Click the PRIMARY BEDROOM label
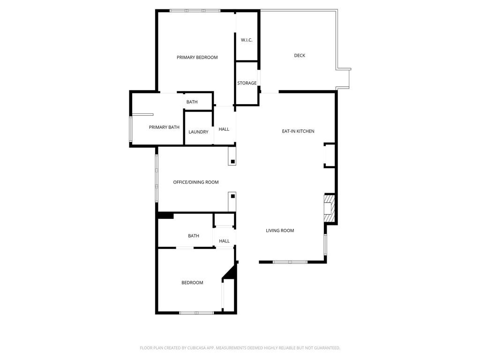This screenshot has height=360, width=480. (197, 58)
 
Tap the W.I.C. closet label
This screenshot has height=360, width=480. (247, 40)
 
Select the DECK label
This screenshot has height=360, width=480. (300, 56)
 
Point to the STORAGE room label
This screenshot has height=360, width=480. (247, 83)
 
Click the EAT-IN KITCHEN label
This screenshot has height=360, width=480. (298, 131)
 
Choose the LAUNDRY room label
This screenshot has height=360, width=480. (198, 132)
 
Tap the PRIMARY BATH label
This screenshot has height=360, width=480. (164, 127)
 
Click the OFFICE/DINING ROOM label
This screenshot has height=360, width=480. (196, 182)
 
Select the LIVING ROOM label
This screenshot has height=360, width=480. (280, 231)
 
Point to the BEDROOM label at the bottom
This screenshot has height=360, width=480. (192, 283)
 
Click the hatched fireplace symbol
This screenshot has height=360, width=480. (329, 208)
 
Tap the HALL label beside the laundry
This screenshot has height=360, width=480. (224, 129)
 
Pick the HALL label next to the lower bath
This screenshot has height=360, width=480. (224, 241)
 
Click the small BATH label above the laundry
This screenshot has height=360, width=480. (192, 102)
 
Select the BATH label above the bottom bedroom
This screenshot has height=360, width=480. (194, 236)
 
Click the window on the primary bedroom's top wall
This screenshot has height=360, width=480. (195, 10)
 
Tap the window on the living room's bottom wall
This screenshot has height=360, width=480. (290, 262)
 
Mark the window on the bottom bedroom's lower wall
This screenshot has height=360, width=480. (196, 313)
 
